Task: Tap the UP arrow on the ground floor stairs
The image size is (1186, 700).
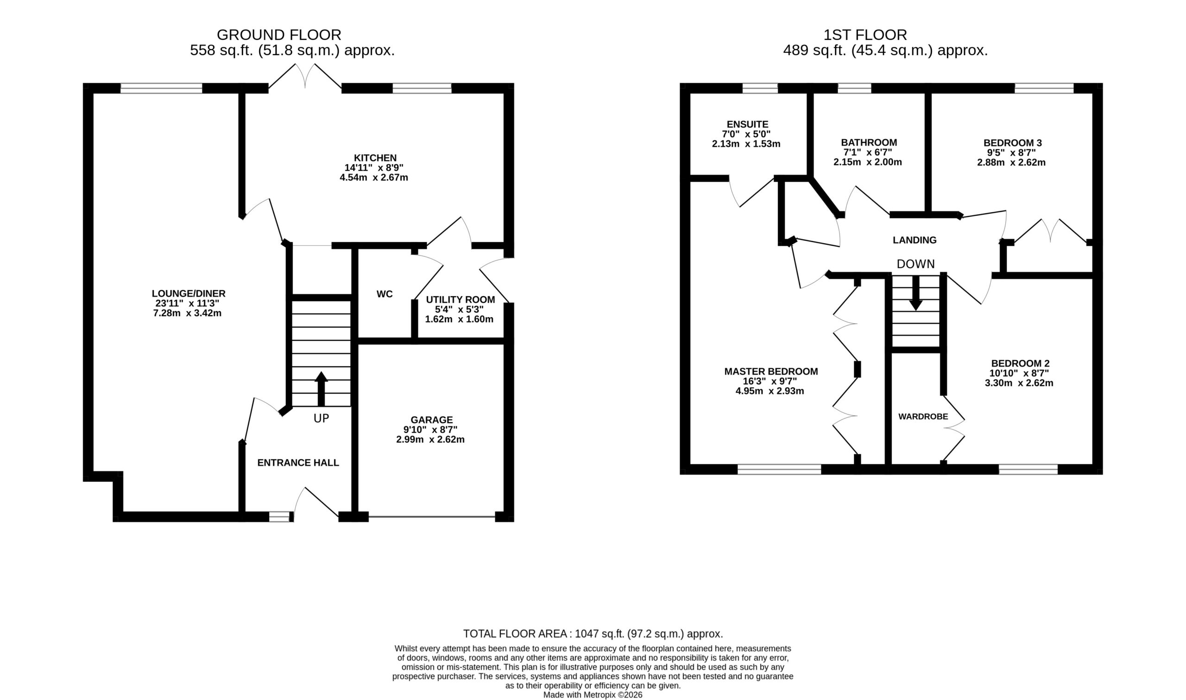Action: point(321,388)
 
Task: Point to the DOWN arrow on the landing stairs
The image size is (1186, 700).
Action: point(915,293)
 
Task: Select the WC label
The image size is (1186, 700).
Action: point(384,294)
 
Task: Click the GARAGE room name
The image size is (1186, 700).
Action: point(431,420)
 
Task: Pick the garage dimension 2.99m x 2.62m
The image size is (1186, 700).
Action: point(430,439)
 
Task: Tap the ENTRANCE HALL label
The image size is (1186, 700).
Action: point(298,463)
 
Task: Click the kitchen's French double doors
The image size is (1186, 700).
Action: point(305,76)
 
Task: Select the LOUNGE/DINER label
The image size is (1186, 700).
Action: point(189,293)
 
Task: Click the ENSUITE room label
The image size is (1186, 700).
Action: point(748,125)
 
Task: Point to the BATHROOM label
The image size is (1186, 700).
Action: point(869,142)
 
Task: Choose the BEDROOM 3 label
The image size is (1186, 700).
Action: point(1012,143)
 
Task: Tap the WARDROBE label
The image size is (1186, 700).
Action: point(923,417)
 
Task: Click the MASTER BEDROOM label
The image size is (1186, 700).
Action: point(771,372)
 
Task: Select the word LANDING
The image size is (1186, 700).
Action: point(915,240)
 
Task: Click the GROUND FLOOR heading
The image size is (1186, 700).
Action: point(278,35)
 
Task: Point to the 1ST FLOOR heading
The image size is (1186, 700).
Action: point(865,35)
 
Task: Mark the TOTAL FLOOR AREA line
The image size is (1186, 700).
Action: point(593,634)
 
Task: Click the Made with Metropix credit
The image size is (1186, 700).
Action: point(593,695)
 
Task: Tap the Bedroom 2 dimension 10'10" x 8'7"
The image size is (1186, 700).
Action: point(1019,373)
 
